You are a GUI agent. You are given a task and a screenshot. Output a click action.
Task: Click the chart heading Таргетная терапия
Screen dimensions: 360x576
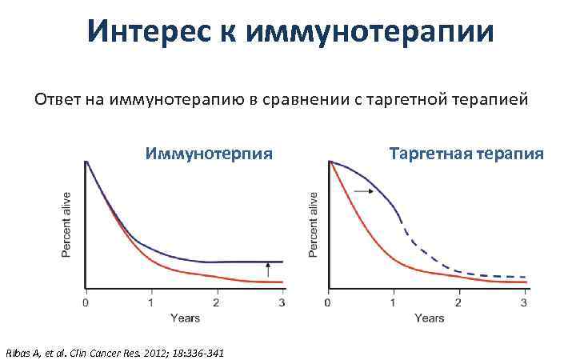tap(466, 153)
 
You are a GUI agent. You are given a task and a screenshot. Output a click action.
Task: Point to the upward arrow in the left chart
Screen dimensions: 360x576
tap(267, 272)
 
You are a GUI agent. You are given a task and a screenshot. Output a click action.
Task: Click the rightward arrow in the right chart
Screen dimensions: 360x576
tap(363, 192)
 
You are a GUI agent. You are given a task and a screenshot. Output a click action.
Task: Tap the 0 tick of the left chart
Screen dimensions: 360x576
tap(86, 303)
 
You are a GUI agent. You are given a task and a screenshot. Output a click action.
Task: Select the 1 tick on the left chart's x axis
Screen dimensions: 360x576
tap(151, 303)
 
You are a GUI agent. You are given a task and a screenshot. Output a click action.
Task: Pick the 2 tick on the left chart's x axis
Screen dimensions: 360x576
tap(217, 303)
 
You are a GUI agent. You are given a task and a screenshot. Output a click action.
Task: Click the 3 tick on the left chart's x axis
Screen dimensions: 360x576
tap(282, 303)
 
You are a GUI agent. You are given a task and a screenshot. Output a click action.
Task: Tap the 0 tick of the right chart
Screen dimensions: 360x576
tap(328, 303)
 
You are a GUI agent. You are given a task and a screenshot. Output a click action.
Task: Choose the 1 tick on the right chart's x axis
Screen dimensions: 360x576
tap(393, 303)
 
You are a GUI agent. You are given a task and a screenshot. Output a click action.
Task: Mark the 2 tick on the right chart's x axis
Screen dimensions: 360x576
tap(458, 303)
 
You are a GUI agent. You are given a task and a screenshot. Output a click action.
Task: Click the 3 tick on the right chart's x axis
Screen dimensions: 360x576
tap(524, 303)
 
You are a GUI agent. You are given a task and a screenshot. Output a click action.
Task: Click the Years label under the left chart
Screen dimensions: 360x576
tap(185, 318)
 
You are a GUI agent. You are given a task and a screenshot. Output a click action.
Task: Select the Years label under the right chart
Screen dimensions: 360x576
tap(429, 318)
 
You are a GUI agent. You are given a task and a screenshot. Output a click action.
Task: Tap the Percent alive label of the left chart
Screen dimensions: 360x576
tap(67, 225)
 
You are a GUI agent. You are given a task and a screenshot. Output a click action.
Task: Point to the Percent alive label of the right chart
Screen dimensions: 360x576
tap(314, 225)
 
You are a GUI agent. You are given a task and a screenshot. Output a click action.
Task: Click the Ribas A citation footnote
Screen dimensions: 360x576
tap(114, 352)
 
